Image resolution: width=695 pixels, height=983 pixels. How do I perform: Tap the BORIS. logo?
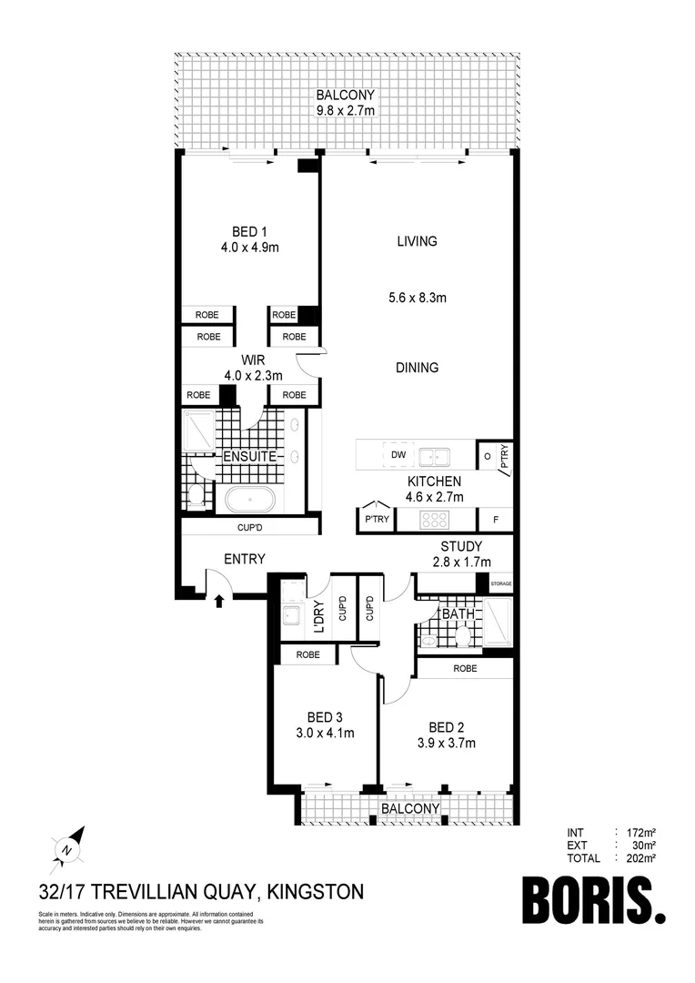[594, 900]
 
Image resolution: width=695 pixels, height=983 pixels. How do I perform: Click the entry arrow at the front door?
[218, 600]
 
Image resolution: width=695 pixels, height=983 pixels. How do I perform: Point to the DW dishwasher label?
[398, 454]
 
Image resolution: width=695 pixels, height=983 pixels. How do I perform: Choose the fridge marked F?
[496, 521]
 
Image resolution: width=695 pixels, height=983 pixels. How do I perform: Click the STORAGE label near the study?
[501, 584]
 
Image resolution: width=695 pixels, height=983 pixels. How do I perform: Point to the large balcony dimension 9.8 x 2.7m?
[346, 110]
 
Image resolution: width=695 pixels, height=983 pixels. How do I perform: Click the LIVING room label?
[417, 241]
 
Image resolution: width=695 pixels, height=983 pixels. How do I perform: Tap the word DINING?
[417, 368]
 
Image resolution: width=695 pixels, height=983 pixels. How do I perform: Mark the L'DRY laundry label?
[319, 615]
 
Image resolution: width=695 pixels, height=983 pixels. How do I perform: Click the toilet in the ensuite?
[196, 496]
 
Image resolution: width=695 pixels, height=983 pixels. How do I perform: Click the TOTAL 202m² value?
[637, 857]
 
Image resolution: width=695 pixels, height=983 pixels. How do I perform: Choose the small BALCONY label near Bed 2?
[410, 808]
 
